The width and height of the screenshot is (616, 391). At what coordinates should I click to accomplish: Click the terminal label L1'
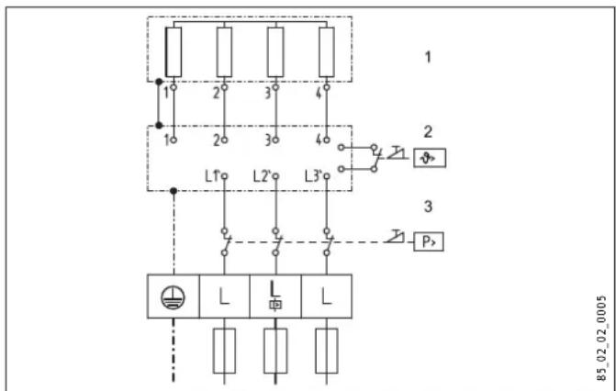click(213, 174)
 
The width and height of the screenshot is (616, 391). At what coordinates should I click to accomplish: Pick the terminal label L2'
click(265, 174)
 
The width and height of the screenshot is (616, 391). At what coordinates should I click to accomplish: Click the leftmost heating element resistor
click(173, 52)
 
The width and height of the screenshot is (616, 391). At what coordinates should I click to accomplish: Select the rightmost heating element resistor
click(326, 52)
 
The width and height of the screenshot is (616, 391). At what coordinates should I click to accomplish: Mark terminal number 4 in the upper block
click(320, 91)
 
